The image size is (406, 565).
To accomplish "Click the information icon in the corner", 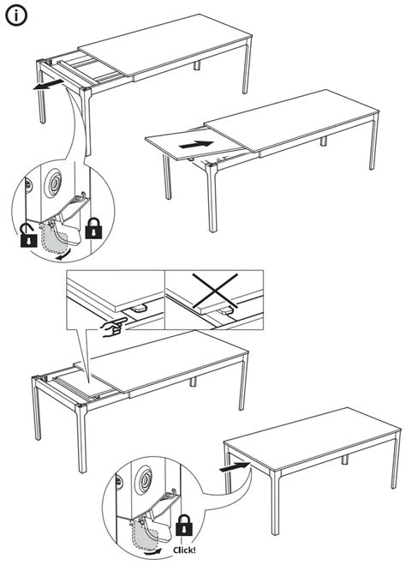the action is [16, 15].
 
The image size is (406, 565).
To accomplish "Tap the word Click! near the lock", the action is [184, 550].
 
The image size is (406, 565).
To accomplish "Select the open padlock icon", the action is [28, 235].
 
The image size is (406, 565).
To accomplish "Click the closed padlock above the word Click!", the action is [184, 525].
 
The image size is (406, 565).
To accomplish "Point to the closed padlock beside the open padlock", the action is [93, 228].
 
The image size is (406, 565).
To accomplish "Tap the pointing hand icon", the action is [114, 327].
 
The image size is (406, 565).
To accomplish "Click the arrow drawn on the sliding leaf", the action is [196, 144].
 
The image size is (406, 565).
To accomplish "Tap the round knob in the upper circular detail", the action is [53, 183].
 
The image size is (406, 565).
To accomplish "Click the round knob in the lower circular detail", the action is [145, 480].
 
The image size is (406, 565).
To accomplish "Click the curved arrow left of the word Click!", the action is [152, 552].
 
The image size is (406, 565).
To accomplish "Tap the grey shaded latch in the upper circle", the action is [54, 237].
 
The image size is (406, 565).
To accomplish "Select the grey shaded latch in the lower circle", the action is [145, 533].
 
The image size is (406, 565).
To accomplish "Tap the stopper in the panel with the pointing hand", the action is [137, 309].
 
